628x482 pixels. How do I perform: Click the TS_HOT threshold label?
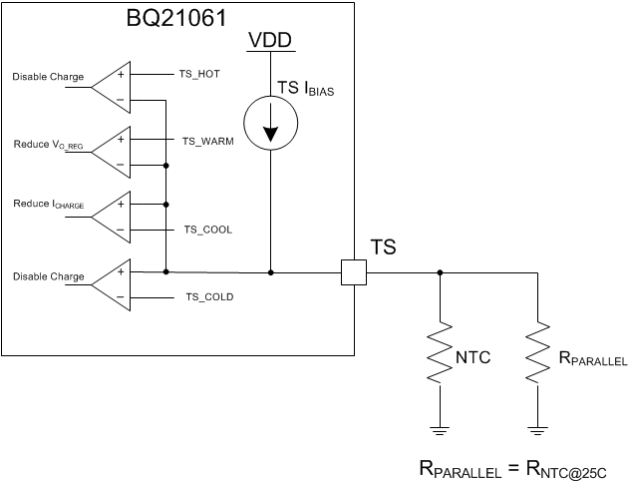[202, 74]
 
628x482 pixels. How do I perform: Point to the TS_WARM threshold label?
[207, 142]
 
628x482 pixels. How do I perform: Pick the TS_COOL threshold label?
[207, 229]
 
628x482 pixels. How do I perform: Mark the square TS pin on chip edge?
[354, 271]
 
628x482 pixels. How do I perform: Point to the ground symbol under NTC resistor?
[440, 430]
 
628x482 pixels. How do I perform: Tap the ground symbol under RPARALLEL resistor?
[539, 430]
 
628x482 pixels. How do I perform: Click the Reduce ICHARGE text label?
[48, 206]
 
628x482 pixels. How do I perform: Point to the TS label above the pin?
[384, 246]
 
